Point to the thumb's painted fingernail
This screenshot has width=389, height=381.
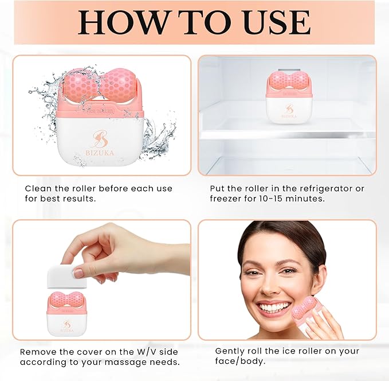point(78,273)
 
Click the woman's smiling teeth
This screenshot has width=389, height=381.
point(276,307)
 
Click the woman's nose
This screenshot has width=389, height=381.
point(272,285)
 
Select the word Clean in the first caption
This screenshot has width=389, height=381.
point(38,189)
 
